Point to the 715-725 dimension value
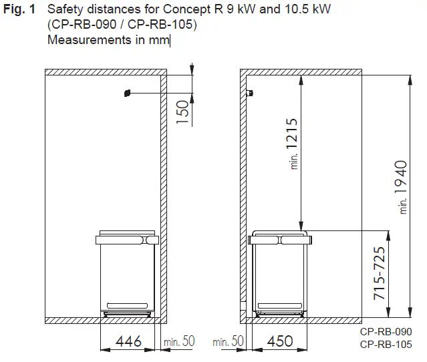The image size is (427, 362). tap(379, 275)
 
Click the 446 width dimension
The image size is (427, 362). tap(129, 341)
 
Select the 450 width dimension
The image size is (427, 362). tap(279, 341)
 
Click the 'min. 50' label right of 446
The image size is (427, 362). tap(178, 341)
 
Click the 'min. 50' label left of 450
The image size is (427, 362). tap(228, 341)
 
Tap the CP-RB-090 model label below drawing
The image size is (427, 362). tap(386, 332)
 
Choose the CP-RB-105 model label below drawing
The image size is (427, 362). tap(386, 345)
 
